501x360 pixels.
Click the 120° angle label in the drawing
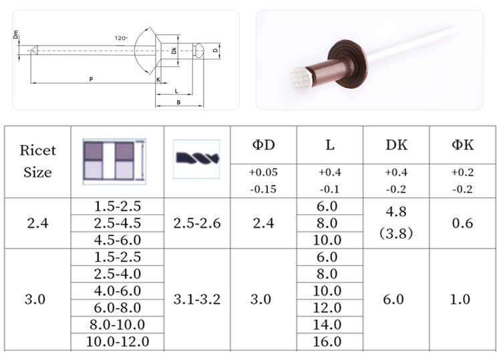pos(121,38)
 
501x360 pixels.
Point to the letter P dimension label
pos(91,79)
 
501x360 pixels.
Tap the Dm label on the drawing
pos(15,35)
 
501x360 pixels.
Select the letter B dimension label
pos(178,102)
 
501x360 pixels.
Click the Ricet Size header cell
pos(37,162)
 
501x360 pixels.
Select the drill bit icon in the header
pos(196,159)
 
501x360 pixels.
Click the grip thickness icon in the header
pos(114,162)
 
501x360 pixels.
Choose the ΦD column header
pos(264,145)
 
